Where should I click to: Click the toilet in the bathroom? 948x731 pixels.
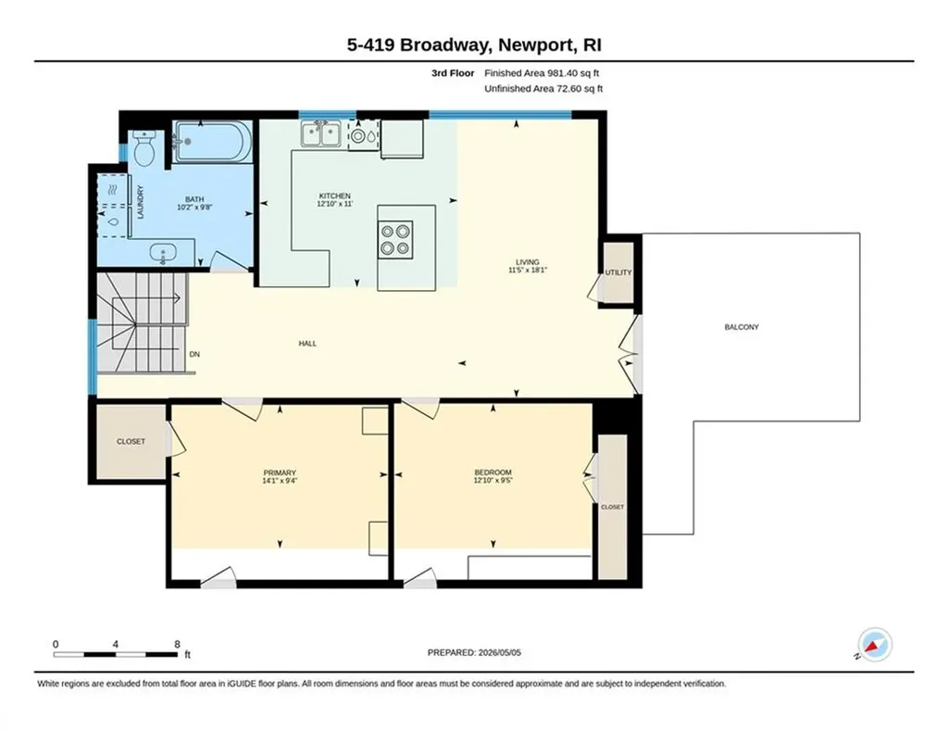(143, 147)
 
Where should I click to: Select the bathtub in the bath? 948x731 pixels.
(212, 142)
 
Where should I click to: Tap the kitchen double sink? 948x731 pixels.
(320, 133)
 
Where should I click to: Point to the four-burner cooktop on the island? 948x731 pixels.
(395, 239)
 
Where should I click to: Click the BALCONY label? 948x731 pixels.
(742, 327)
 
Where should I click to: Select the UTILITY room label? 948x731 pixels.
(618, 272)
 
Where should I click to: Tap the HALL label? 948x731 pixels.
(307, 343)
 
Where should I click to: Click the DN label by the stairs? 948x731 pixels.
(194, 354)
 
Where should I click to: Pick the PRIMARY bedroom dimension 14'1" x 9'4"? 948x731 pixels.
(280, 481)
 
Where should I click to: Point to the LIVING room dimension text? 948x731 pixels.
(528, 271)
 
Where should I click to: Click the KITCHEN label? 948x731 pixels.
(335, 195)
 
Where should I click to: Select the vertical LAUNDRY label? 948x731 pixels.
(141, 202)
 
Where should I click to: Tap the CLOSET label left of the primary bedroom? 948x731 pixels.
(131, 441)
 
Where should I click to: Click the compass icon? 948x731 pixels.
(875, 645)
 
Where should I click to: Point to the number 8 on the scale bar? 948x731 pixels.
(177, 645)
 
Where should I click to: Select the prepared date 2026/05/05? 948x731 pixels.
(499, 652)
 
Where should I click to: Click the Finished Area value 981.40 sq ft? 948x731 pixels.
(573, 73)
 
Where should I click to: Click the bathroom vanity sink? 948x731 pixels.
(163, 253)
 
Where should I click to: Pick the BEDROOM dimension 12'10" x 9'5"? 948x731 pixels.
(493, 481)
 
